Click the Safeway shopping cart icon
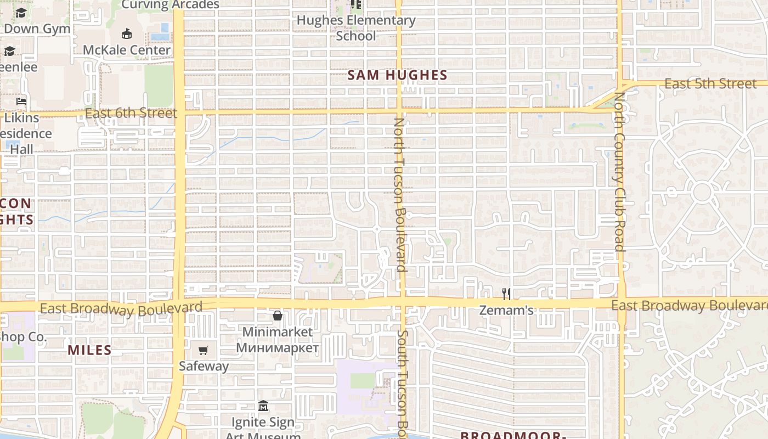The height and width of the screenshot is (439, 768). pos(204,350)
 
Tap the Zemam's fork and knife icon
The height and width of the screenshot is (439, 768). pos(506,294)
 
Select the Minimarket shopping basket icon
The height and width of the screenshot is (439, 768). pos(278,316)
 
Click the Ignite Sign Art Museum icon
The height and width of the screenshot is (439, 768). pos(263,407)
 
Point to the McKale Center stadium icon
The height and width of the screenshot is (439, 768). pos(127,34)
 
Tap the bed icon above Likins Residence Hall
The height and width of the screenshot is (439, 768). pos(21,102)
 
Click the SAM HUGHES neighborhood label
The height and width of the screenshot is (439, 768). pos(398,75)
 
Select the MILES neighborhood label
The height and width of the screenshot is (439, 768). pos(89,350)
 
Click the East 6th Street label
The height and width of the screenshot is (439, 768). pos(132,114)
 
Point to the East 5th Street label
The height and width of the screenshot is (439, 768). pos(710,83)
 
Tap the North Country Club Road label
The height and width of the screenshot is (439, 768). pos(620,171)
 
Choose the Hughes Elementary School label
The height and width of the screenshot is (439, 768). pos(356,28)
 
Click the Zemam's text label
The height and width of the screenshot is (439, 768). pos(506,311)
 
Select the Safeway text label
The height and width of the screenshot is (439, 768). pos(204,366)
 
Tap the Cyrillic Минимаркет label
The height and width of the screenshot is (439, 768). pos(278,348)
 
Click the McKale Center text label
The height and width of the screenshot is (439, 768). pos(127,50)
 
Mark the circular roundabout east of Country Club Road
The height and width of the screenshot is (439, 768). pos(702,193)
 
